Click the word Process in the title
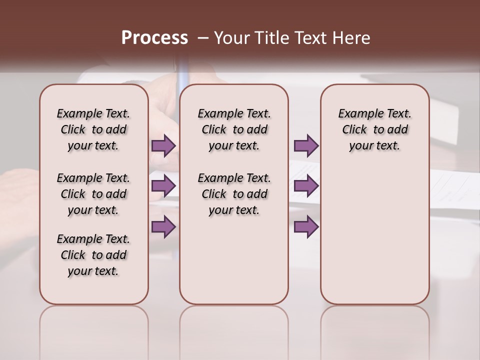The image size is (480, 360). [154, 37]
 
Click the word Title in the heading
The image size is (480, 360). [272, 37]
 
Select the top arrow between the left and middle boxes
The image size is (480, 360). [163, 146]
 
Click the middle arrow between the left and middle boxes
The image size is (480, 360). [163, 186]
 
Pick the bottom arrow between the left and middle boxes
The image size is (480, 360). [163, 226]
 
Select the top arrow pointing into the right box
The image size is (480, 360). [306, 146]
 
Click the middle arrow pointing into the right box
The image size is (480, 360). [306, 186]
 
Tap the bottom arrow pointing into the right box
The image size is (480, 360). [306, 226]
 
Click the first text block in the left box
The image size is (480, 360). [93, 129]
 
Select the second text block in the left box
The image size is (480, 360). [93, 194]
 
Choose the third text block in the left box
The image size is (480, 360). [93, 255]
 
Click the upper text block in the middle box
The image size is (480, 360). [234, 129]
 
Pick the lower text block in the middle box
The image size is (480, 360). [234, 194]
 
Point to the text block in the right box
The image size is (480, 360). [374, 129]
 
